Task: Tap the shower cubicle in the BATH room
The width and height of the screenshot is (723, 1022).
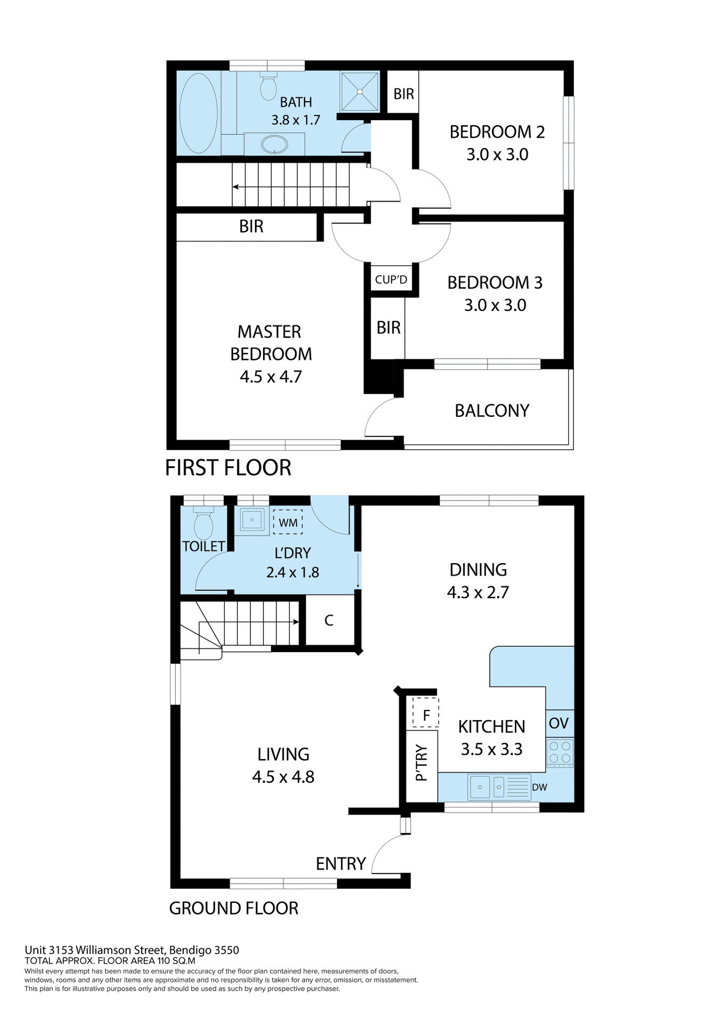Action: (359, 92)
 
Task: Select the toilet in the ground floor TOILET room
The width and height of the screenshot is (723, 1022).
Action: (203, 525)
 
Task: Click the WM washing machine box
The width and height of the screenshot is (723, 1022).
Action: (288, 522)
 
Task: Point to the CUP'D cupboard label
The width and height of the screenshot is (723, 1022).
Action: (391, 279)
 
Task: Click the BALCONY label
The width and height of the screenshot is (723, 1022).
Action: (491, 410)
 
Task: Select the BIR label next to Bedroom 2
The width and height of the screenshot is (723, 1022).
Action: (403, 94)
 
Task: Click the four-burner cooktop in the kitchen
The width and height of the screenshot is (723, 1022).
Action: (560, 752)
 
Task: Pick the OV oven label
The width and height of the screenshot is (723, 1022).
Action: (558, 723)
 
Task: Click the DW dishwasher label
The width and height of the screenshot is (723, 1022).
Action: (539, 787)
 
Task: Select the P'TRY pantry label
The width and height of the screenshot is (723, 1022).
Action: (421, 763)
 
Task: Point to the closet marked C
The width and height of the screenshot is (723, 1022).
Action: (329, 620)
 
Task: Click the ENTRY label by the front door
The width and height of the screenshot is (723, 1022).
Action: (341, 863)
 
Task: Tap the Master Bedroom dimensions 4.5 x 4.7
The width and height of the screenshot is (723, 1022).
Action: (270, 376)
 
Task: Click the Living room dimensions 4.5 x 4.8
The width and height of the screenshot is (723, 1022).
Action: (283, 777)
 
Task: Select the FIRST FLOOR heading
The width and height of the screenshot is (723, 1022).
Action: (228, 467)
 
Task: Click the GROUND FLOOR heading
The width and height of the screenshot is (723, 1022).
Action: (233, 908)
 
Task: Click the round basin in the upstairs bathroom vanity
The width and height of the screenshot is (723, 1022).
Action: (274, 144)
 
